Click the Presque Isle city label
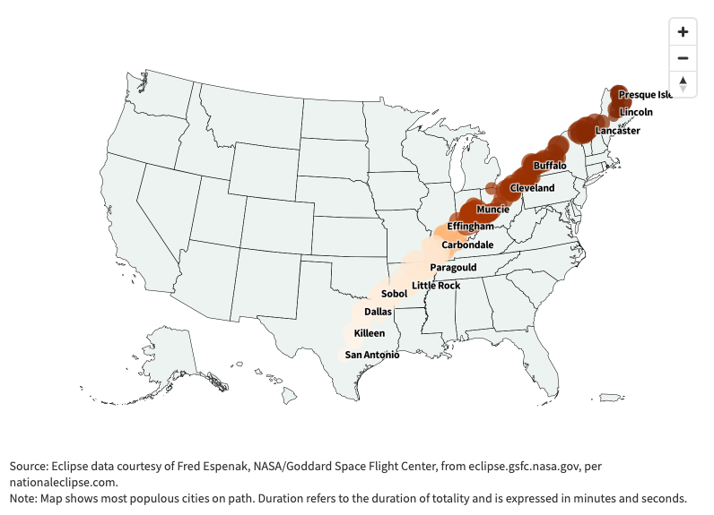coord(646,94)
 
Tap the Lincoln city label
coord(636,112)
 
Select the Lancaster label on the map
coord(618,131)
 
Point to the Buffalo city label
coord(550,166)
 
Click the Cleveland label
coord(532,188)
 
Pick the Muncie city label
coord(492,210)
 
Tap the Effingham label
coord(470,227)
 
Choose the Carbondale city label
coord(467,245)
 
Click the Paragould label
coord(453,268)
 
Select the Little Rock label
coord(436,286)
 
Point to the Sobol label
coord(394,294)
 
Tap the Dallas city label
coord(378,312)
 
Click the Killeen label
coord(370,333)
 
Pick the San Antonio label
coord(372,355)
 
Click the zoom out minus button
coord(684,58)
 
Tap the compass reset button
coord(684,83)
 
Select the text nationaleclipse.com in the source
coord(64,482)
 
